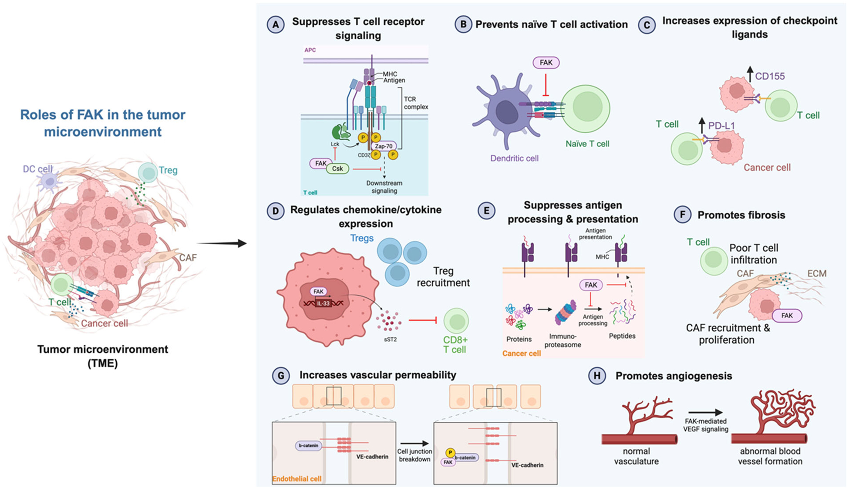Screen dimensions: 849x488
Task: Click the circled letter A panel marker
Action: pos(276,25)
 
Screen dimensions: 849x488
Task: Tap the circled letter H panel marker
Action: pos(597,376)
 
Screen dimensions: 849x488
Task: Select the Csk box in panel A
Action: pos(337,168)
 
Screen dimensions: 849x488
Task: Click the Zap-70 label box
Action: pos(384,146)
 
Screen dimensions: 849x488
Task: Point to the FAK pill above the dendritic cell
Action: pos(546,63)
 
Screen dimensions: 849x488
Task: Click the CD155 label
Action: pos(770,76)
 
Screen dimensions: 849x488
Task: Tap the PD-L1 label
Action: pos(721,126)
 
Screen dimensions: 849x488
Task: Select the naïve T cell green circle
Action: pos(585,109)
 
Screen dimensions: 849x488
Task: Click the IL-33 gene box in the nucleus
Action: pos(323,303)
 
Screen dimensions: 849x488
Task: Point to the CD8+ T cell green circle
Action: pos(456,321)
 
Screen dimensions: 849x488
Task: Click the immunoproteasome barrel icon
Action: pos(566,312)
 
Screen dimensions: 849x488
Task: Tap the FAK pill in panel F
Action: pos(787,316)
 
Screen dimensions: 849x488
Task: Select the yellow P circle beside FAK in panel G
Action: pos(450,453)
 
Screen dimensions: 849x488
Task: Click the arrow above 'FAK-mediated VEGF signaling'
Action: pos(705,412)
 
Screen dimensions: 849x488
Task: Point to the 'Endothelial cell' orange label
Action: pos(297,479)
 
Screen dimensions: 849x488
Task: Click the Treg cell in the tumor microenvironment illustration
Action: pos(148,173)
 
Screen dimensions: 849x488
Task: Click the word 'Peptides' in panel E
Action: pos(622,336)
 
